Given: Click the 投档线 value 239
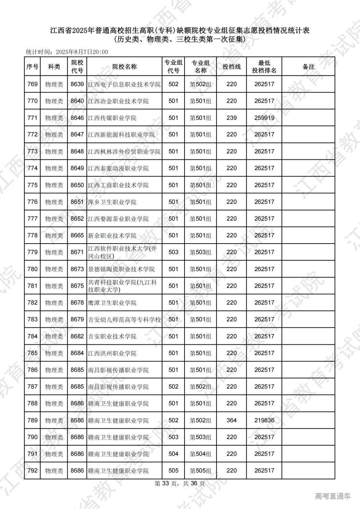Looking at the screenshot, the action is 231,118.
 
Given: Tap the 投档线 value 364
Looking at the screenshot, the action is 231,420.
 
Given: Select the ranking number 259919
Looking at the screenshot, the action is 264,118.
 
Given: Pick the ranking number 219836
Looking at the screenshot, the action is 264,420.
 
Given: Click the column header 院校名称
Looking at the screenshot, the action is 124,67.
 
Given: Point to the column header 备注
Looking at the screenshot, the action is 308,67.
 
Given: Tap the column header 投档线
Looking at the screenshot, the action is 231,67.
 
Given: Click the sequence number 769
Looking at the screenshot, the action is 32,84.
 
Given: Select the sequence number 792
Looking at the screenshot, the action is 32,470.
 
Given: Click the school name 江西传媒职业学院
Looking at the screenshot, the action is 112,118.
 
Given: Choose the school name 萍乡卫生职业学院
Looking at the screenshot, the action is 112,202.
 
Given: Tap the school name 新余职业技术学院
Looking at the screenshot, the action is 112,235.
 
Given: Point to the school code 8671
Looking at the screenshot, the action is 77,252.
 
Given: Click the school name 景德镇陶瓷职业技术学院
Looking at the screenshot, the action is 121,269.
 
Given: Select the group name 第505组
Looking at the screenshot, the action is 201,471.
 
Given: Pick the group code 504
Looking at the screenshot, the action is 173,454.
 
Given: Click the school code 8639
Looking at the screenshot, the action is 77,84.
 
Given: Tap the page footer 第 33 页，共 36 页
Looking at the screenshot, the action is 180,484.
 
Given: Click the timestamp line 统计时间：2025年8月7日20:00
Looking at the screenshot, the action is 67,52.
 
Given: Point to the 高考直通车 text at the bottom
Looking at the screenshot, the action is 333,496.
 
